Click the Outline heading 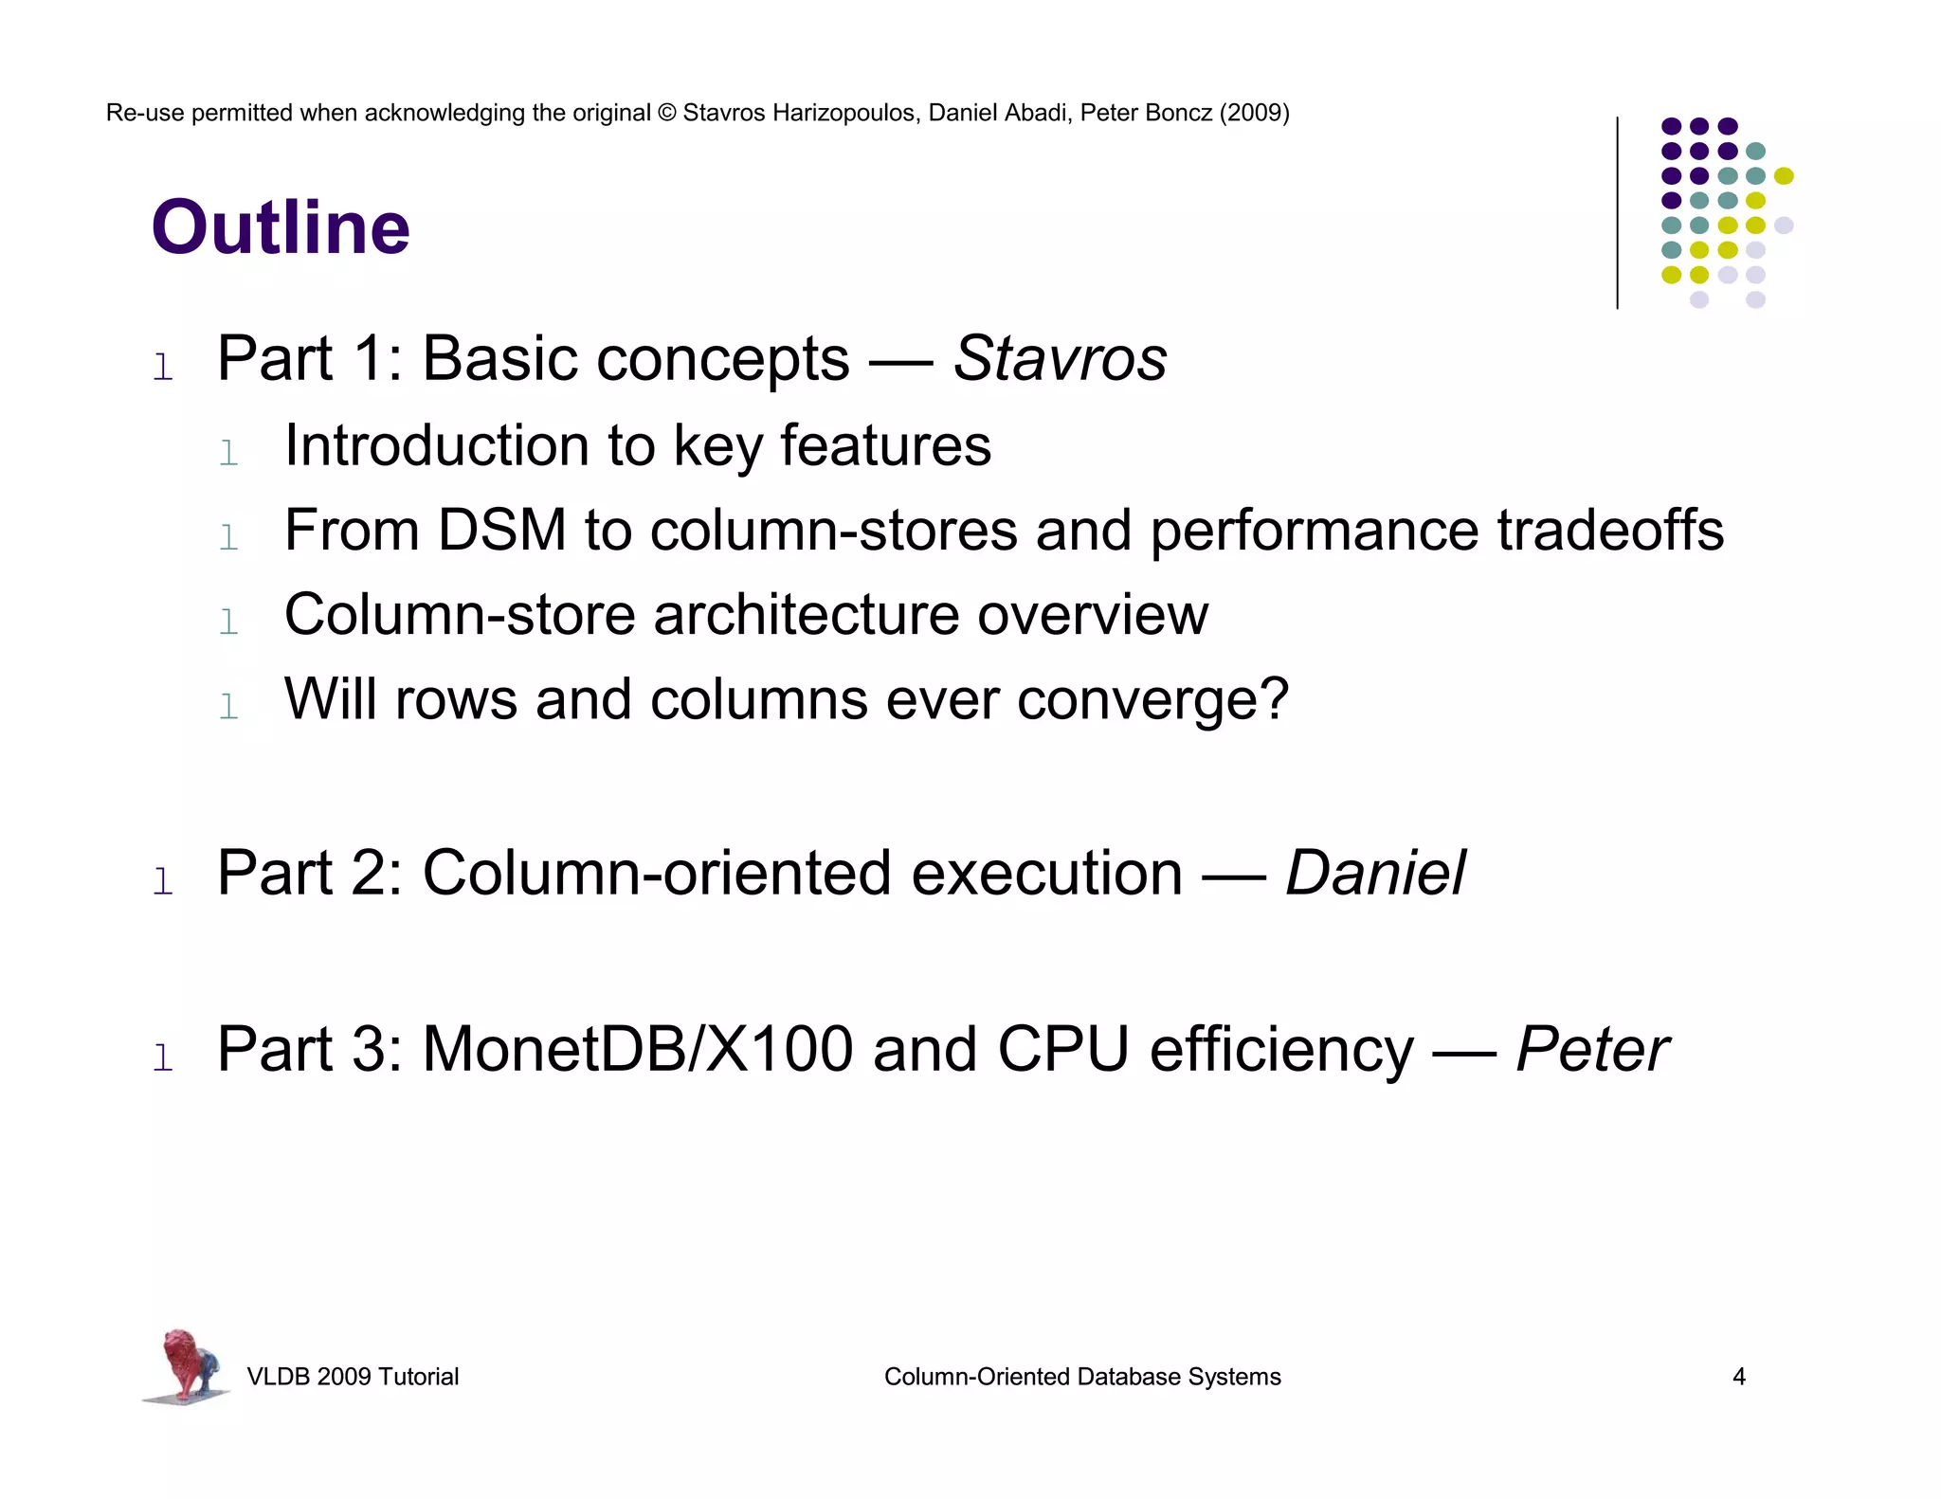point(281,228)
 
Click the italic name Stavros point(1060,359)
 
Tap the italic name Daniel point(1375,873)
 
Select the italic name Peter point(1592,1050)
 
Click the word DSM point(501,530)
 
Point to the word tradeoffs point(1610,530)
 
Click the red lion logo point(187,1365)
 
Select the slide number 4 point(1738,1377)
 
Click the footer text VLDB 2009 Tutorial point(353,1377)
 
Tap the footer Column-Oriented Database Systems point(1082,1377)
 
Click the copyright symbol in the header point(666,113)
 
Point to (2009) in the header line point(1254,113)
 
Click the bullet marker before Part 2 point(163,881)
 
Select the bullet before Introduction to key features point(228,454)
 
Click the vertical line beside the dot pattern point(1617,212)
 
